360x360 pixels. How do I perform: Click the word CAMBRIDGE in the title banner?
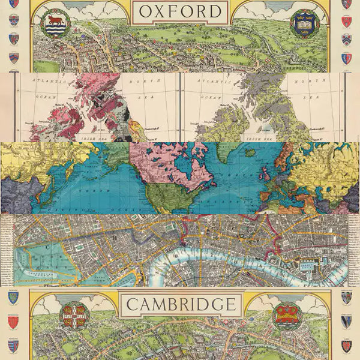click(x=180, y=304)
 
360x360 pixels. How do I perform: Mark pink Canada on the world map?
click(x=168, y=168)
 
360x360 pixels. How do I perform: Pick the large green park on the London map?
click(x=36, y=264)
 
